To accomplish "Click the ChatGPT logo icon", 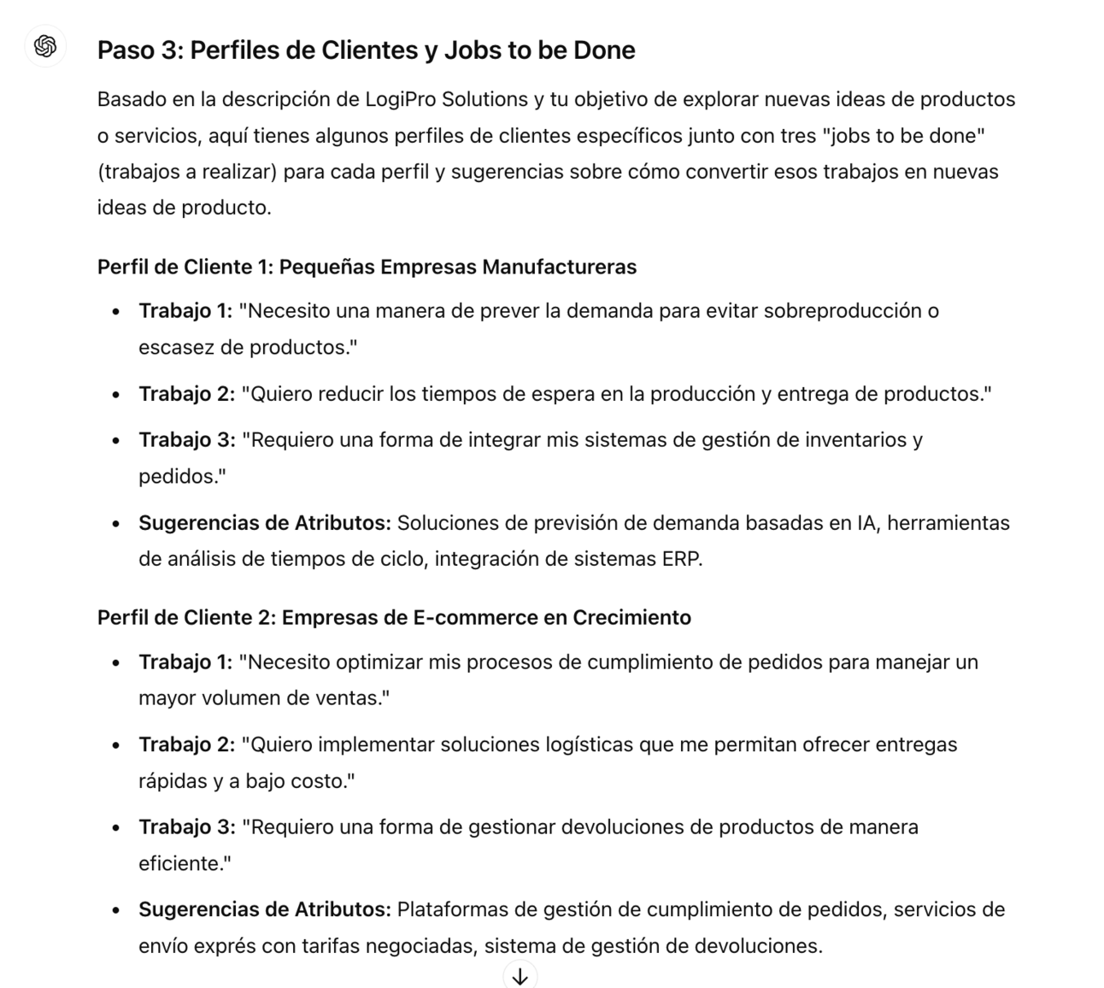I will (x=45, y=46).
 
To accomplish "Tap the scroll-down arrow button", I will (x=520, y=974).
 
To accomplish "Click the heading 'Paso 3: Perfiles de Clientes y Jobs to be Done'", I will (x=366, y=50).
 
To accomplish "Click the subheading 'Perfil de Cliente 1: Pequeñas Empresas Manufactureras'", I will (x=367, y=267).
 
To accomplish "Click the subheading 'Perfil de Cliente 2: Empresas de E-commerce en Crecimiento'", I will (x=394, y=617).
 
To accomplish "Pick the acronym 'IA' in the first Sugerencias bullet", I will (x=866, y=523).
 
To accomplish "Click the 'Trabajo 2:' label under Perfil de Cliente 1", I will (x=186, y=394).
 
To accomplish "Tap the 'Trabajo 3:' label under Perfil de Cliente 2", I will (x=186, y=827).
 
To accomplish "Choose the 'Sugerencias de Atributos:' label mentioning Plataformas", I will (x=264, y=909).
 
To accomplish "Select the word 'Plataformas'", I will (x=450, y=909).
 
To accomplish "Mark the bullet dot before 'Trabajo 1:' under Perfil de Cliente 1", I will (x=116, y=312).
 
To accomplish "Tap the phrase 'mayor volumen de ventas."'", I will (x=264, y=698).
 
